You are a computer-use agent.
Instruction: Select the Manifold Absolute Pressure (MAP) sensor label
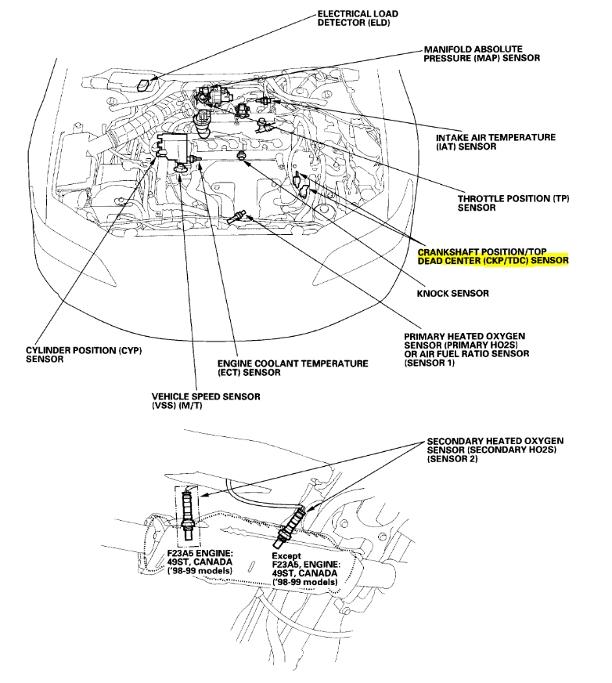(x=481, y=53)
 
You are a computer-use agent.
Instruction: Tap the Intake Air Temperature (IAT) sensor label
(x=495, y=142)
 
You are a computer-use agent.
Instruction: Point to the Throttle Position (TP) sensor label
(x=513, y=204)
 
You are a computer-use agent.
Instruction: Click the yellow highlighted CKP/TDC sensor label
(x=493, y=256)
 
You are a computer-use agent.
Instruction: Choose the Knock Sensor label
(x=453, y=293)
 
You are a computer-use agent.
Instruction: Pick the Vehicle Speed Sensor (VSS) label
(x=206, y=402)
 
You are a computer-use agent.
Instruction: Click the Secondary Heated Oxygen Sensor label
(x=495, y=450)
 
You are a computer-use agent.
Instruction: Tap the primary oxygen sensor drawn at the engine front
(x=238, y=219)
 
